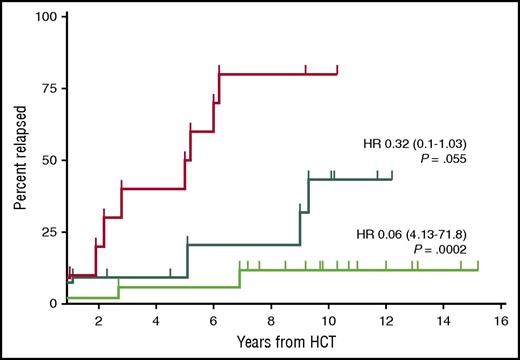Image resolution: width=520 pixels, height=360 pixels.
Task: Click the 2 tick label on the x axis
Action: click(98, 320)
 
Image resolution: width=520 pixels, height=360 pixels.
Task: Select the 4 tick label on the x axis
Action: click(156, 320)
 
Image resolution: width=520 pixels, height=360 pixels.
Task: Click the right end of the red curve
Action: click(338, 72)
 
